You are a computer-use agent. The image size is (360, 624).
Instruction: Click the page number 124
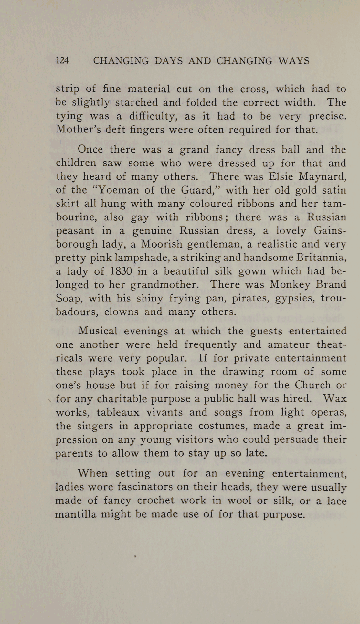pos(62,61)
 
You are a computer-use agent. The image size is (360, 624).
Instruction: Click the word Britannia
pos(322,258)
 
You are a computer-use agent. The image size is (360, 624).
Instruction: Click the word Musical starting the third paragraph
pos(98,331)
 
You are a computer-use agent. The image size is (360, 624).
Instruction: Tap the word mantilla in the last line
pos(76,514)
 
